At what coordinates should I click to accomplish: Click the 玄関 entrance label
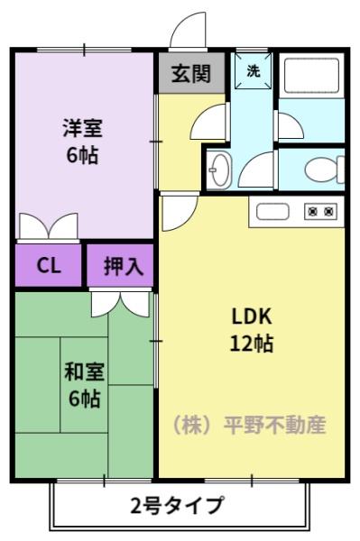tap(192, 74)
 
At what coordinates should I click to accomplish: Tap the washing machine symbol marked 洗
tap(254, 72)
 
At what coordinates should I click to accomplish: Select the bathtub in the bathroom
tap(309, 76)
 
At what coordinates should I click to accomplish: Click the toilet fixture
tap(322, 169)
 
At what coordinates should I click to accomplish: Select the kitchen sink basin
tap(272, 212)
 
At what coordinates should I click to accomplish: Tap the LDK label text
tap(252, 316)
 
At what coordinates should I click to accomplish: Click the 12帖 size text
tap(252, 343)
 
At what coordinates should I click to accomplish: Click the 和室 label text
tap(84, 371)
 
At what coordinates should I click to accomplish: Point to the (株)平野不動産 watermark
tap(248, 424)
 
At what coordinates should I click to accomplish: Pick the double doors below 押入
tap(121, 302)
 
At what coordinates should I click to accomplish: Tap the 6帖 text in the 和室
tap(84, 398)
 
